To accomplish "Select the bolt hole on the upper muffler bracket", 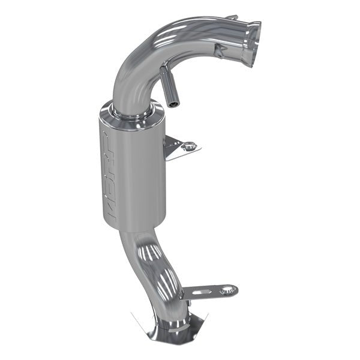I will (x=189, y=145).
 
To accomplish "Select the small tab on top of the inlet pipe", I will (x=232, y=18).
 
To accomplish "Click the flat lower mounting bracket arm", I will (x=207, y=292).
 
